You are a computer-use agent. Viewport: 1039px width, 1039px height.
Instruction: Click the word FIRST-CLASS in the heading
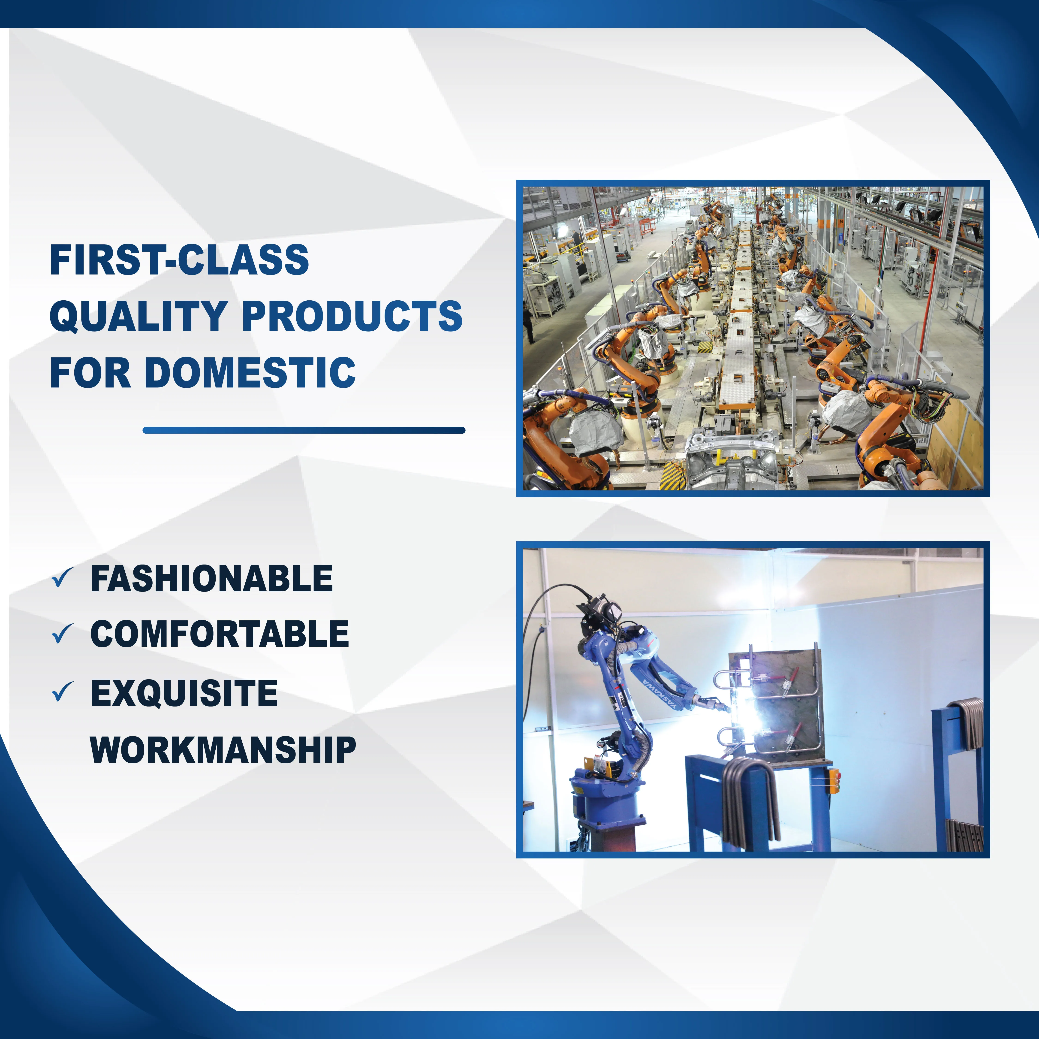179,260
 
